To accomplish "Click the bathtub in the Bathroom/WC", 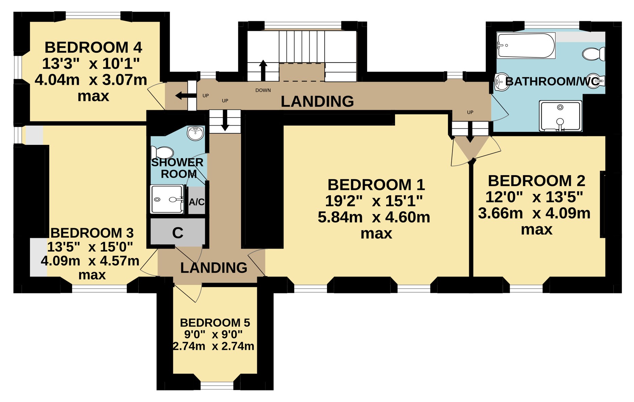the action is (526, 45).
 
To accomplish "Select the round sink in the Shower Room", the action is (195, 133).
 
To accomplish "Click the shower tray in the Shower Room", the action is (167, 199).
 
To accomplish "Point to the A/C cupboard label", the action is (197, 202).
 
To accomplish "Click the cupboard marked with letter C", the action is (178, 232).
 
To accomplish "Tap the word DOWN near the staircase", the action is (263, 90).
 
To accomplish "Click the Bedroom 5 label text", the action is (215, 322).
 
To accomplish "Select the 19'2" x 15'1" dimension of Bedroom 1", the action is (374, 201).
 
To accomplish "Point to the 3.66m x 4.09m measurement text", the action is (534, 213).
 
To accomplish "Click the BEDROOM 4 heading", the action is (93, 47).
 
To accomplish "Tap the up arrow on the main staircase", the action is (263, 70).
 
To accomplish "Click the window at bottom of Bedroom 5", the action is (217, 385).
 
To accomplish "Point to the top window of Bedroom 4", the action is (93, 16).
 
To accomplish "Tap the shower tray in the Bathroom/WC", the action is (561, 116).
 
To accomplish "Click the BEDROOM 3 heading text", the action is (92, 233).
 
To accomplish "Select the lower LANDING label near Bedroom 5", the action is (214, 268).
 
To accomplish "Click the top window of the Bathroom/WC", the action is (552, 25).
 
